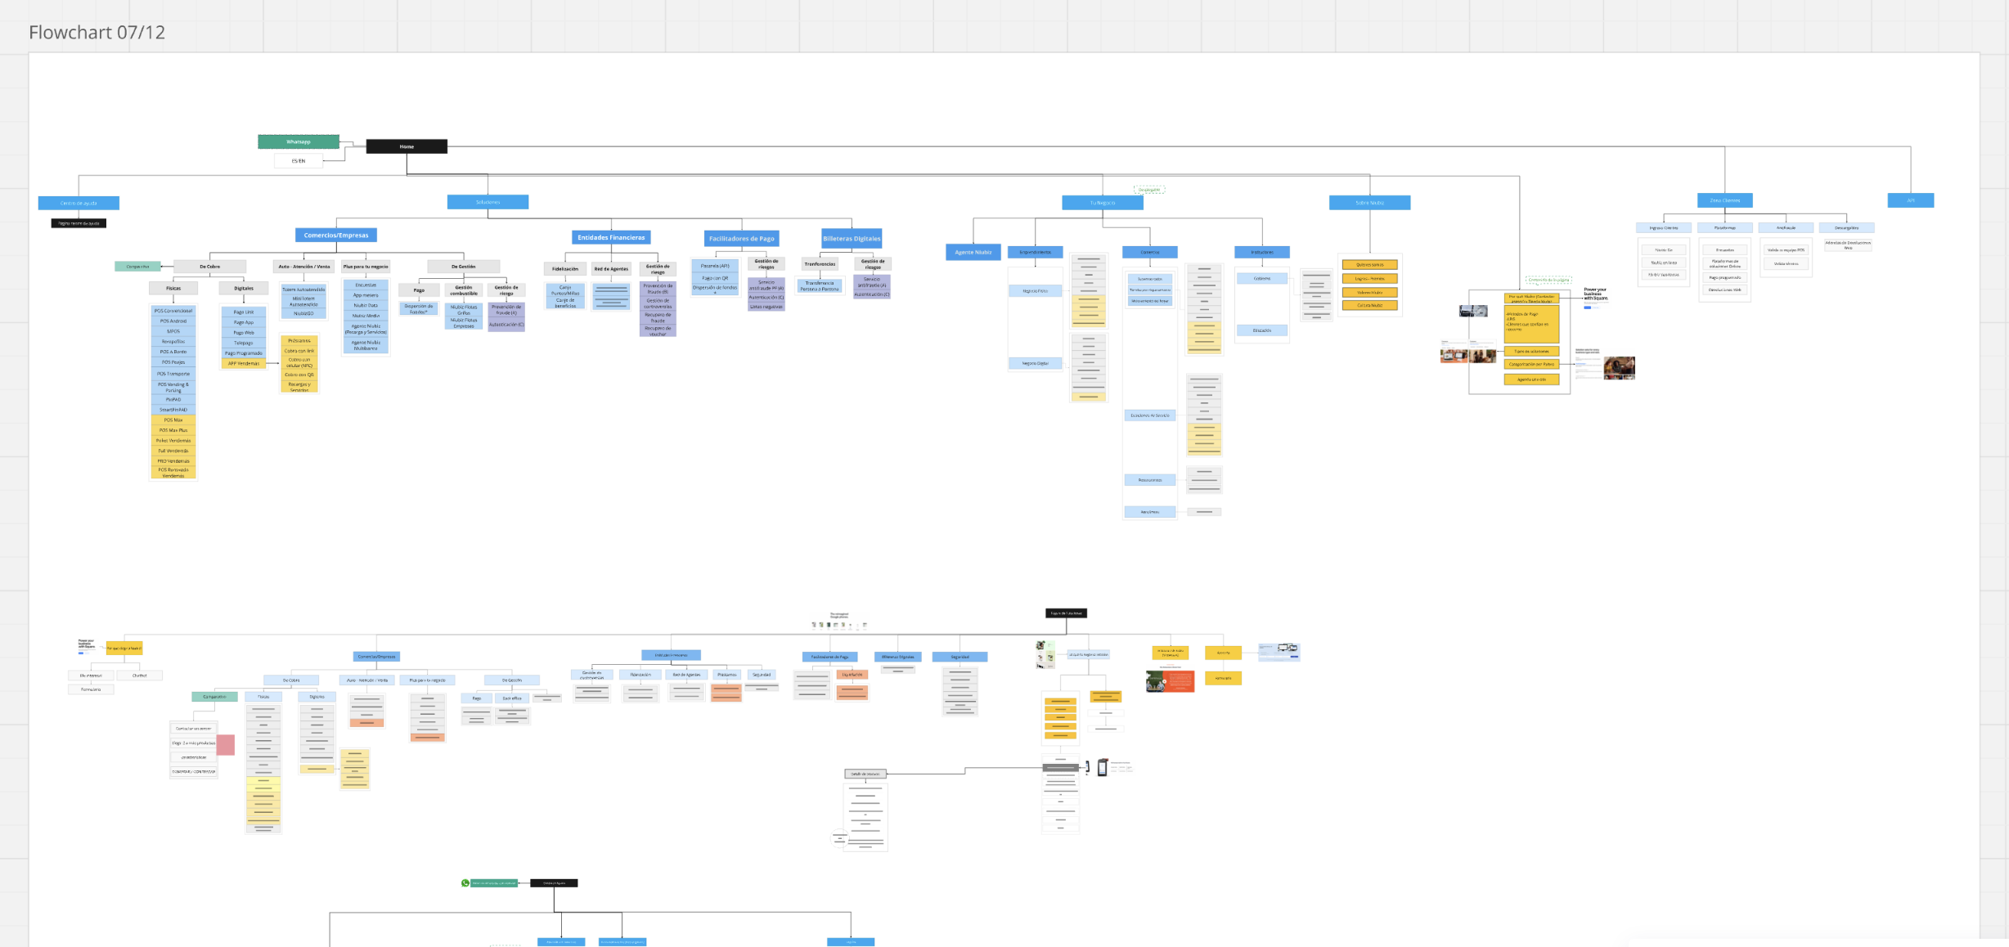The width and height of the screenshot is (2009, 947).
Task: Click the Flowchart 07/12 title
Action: [x=97, y=33]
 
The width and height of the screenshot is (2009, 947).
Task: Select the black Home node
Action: [x=407, y=146]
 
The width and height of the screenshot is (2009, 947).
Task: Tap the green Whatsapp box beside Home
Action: [x=299, y=141]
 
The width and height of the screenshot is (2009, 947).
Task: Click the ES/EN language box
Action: [x=299, y=161]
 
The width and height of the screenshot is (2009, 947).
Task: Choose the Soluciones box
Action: [x=488, y=202]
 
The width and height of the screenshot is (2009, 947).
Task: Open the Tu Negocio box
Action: [x=1102, y=203]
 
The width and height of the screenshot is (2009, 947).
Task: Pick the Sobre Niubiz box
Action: [x=1369, y=203]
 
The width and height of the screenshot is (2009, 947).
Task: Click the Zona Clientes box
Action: [x=1724, y=200]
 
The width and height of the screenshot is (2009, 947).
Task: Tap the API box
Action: [x=1910, y=200]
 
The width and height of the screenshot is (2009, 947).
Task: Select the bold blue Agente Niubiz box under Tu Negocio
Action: [x=973, y=252]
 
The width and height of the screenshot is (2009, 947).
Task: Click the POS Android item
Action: [x=173, y=321]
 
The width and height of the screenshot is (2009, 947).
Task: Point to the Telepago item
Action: [x=244, y=343]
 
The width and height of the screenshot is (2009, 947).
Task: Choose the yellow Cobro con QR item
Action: [x=299, y=375]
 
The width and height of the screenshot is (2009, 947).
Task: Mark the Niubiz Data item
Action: [x=366, y=305]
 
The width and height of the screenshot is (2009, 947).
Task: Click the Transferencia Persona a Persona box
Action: [x=820, y=285]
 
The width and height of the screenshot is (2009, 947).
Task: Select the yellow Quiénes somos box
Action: [x=1369, y=265]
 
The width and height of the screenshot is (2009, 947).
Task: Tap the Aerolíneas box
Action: [x=1149, y=512]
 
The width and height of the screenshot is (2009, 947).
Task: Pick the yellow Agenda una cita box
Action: [x=1531, y=379]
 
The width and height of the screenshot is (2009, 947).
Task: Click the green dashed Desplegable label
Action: [x=1149, y=190]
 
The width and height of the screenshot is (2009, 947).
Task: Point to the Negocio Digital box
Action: [x=1035, y=363]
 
